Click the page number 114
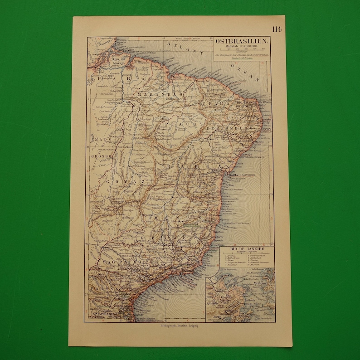[x=277, y=30]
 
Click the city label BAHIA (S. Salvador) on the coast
[x=240, y=174]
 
